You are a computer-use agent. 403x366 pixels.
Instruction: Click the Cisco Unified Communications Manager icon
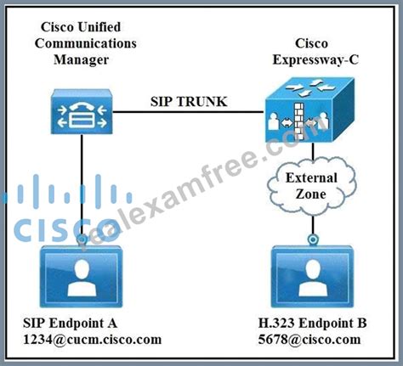[82, 111]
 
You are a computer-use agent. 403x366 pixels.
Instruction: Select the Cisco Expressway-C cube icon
[309, 110]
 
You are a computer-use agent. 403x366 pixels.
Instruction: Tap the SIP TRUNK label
[189, 102]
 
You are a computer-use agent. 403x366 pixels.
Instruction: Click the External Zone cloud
[312, 187]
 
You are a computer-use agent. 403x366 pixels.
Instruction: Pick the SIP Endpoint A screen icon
[82, 276]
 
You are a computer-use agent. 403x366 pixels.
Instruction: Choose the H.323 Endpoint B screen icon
[313, 276]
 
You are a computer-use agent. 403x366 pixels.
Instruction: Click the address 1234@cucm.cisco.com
[93, 340]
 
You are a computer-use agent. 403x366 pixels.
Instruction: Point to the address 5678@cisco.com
[309, 340]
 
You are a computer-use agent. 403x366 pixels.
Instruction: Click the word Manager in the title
[82, 60]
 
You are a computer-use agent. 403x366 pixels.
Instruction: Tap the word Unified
[99, 27]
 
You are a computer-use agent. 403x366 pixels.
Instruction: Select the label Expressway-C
[315, 60]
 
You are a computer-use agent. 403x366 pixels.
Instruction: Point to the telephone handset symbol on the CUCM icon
[82, 107]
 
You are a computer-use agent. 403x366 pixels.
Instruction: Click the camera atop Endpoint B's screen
[313, 240]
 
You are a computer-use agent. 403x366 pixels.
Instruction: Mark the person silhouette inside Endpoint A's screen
[82, 279]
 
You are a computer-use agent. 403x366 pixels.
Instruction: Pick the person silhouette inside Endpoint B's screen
[313, 279]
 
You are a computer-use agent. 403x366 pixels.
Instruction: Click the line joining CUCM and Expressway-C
[188, 112]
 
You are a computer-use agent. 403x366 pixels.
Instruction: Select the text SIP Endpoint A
[70, 323]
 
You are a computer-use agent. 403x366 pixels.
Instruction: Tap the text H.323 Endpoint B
[312, 323]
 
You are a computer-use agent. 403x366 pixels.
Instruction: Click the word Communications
[86, 43]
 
